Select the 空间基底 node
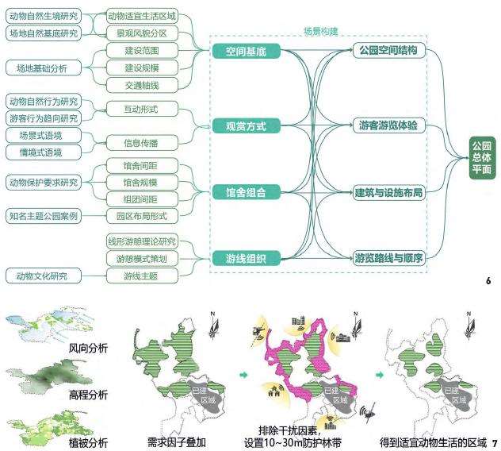tap(246, 52)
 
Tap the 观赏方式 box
tap(246, 126)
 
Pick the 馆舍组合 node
tap(246, 191)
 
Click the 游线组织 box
tap(246, 257)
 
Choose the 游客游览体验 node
tap(388, 126)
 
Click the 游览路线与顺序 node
tap(388, 257)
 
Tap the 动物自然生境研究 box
tap(44, 15)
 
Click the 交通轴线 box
tap(140, 85)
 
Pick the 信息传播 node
tap(140, 144)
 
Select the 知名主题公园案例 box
tap(44, 215)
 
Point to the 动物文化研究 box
tap(37, 276)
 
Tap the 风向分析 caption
tap(88, 348)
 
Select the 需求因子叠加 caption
tap(176, 441)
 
